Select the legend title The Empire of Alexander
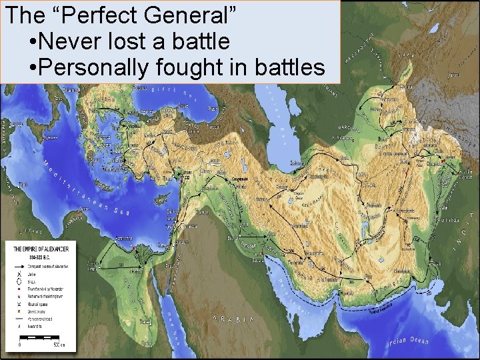pos(41,248)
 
